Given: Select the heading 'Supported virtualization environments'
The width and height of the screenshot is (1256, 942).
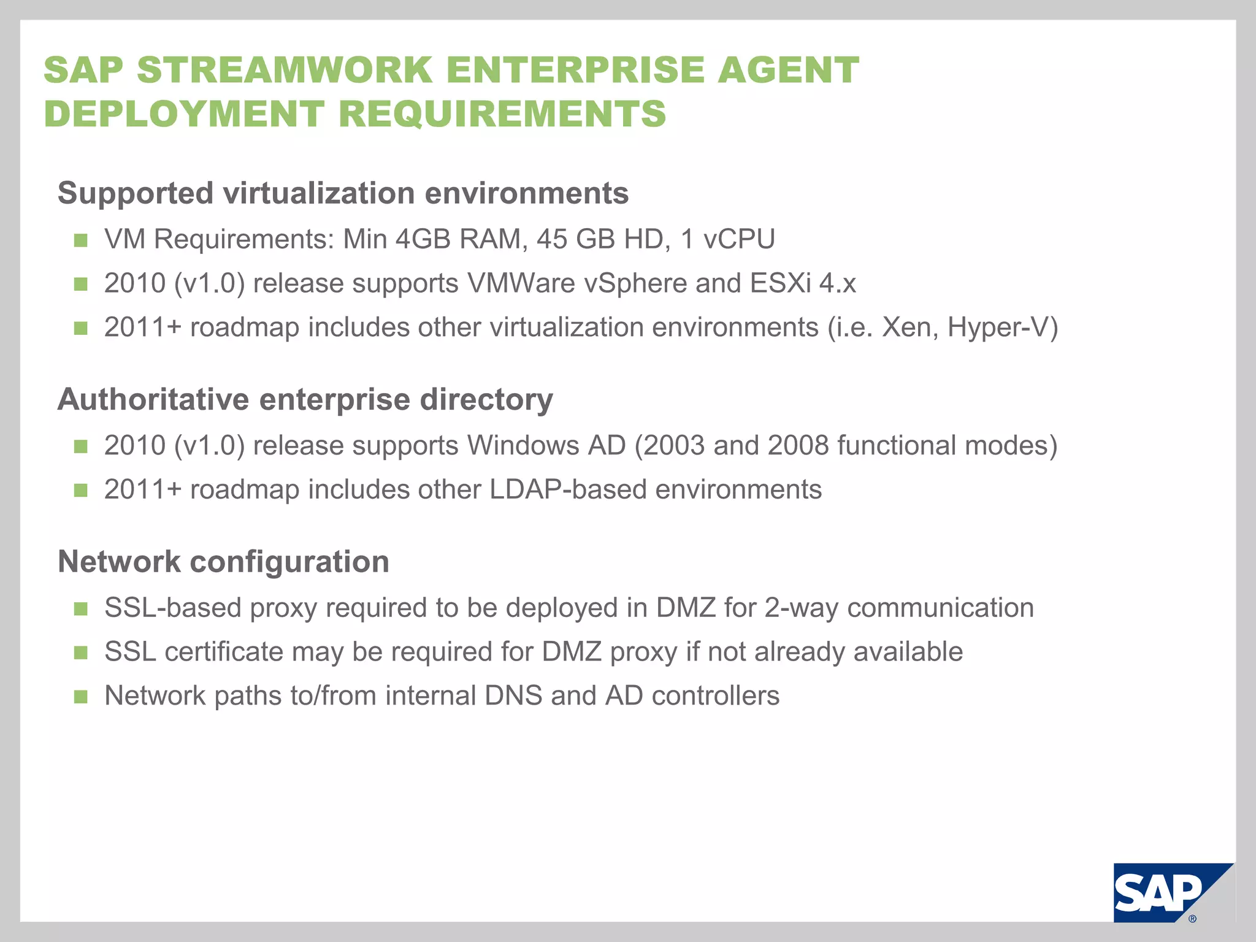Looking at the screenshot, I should tap(343, 193).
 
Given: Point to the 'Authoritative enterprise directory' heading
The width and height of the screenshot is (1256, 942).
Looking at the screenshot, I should tap(305, 399).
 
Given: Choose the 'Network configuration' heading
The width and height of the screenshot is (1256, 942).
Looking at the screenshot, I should tap(223, 561).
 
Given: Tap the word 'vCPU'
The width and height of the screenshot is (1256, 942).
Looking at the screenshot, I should tap(739, 239).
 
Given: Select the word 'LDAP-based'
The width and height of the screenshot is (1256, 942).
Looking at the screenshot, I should tap(568, 489).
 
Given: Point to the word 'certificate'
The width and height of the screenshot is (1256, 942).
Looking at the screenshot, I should tap(224, 651).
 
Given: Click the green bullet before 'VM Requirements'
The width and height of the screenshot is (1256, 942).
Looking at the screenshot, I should tap(80, 240).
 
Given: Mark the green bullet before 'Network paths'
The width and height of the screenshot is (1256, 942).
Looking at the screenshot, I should tap(80, 697).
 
